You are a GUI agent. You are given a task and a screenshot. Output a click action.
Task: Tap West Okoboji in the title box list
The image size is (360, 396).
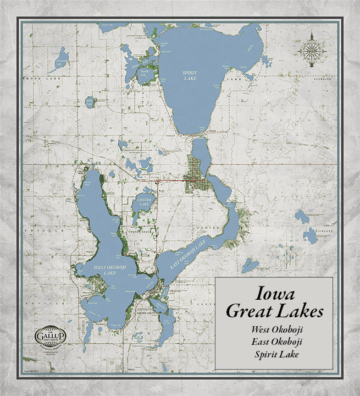(x=273, y=330)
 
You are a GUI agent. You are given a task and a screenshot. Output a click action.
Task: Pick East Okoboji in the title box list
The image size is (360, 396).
(x=273, y=342)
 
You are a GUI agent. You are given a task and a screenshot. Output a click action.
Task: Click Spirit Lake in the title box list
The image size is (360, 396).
(x=273, y=354)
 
